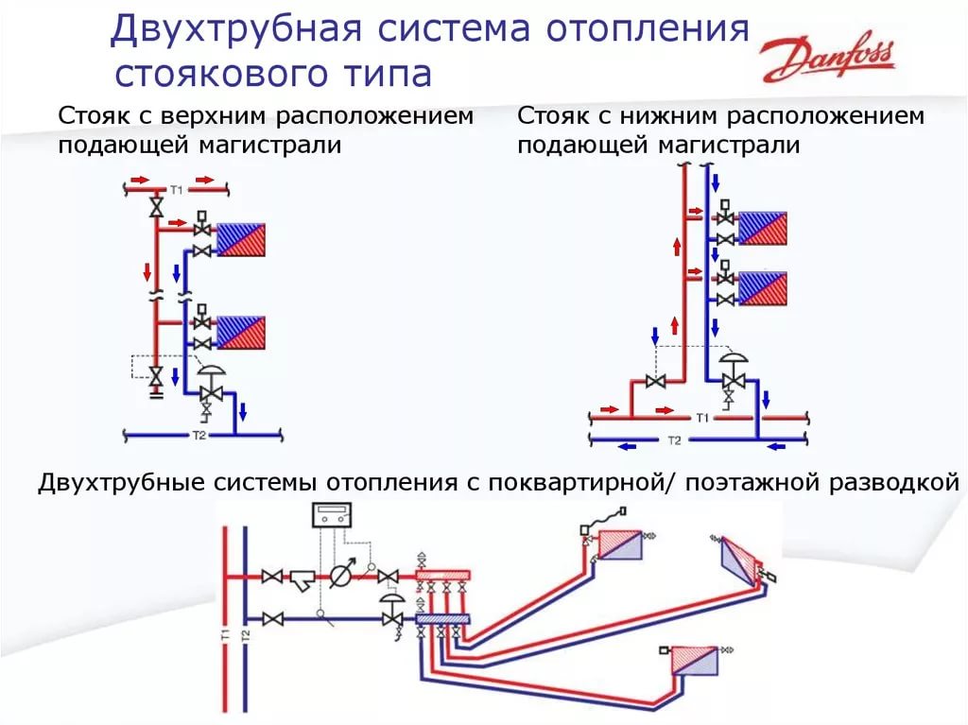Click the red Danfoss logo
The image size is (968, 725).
click(828, 60)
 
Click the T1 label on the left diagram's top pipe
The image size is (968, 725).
click(177, 190)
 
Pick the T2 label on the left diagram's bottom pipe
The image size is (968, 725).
click(199, 436)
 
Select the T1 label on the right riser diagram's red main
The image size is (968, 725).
click(702, 418)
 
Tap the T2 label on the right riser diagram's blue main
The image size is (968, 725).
click(674, 440)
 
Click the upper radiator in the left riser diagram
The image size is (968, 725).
click(240, 240)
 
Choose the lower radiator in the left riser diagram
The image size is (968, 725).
click(240, 333)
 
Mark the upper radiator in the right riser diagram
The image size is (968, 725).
click(763, 229)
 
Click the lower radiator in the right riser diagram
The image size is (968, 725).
click(763, 288)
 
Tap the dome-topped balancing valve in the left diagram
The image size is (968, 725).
click(211, 388)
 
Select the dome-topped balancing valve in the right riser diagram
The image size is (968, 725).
click(734, 377)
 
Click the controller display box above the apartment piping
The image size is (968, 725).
click(332, 514)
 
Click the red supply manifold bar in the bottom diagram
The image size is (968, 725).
click(443, 577)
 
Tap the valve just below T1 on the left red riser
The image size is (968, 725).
click(157, 207)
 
